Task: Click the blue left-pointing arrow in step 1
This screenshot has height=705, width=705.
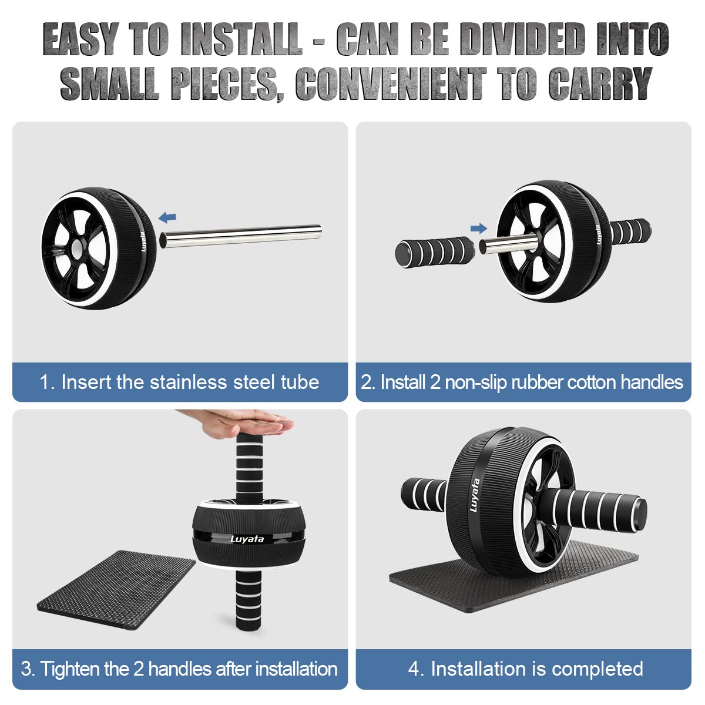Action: pyautogui.click(x=167, y=218)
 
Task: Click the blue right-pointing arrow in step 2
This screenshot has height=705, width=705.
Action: pyautogui.click(x=479, y=229)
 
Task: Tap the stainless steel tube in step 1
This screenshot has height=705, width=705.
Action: pyautogui.click(x=240, y=236)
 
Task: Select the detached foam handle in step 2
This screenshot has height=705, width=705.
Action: pyautogui.click(x=435, y=251)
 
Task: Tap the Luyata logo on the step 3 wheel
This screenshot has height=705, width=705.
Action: pyautogui.click(x=247, y=539)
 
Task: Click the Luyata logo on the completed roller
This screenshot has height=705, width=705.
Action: pyautogui.click(x=475, y=495)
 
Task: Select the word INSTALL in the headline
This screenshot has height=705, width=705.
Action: pyautogui.click(x=242, y=39)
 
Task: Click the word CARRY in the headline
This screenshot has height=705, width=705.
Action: pyautogui.click(x=600, y=83)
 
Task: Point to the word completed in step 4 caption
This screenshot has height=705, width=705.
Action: pyautogui.click(x=597, y=669)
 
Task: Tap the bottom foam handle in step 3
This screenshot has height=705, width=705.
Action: pyautogui.click(x=249, y=599)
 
